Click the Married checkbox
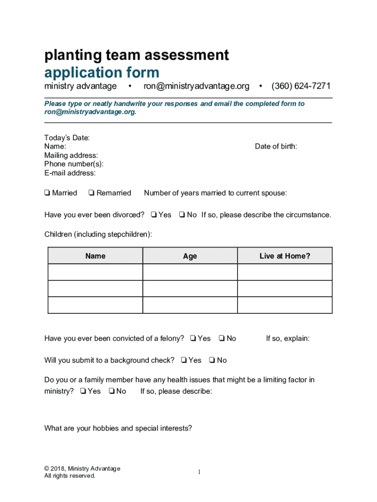click(47, 193)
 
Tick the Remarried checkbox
click(92, 193)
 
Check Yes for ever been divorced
click(154, 215)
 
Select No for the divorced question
click(182, 215)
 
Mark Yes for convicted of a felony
click(193, 338)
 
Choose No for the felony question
click(222, 338)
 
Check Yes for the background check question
click(183, 360)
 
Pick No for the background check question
click(212, 360)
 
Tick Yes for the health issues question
click(83, 391)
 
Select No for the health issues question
click(112, 391)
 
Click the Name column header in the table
click(95, 256)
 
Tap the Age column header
click(190, 256)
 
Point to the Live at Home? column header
click(284, 256)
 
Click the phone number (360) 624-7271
click(301, 86)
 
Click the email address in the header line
click(196, 86)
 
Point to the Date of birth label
click(276, 146)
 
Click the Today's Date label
click(67, 138)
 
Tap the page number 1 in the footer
click(200, 472)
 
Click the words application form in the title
click(102, 73)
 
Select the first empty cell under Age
click(190, 272)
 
